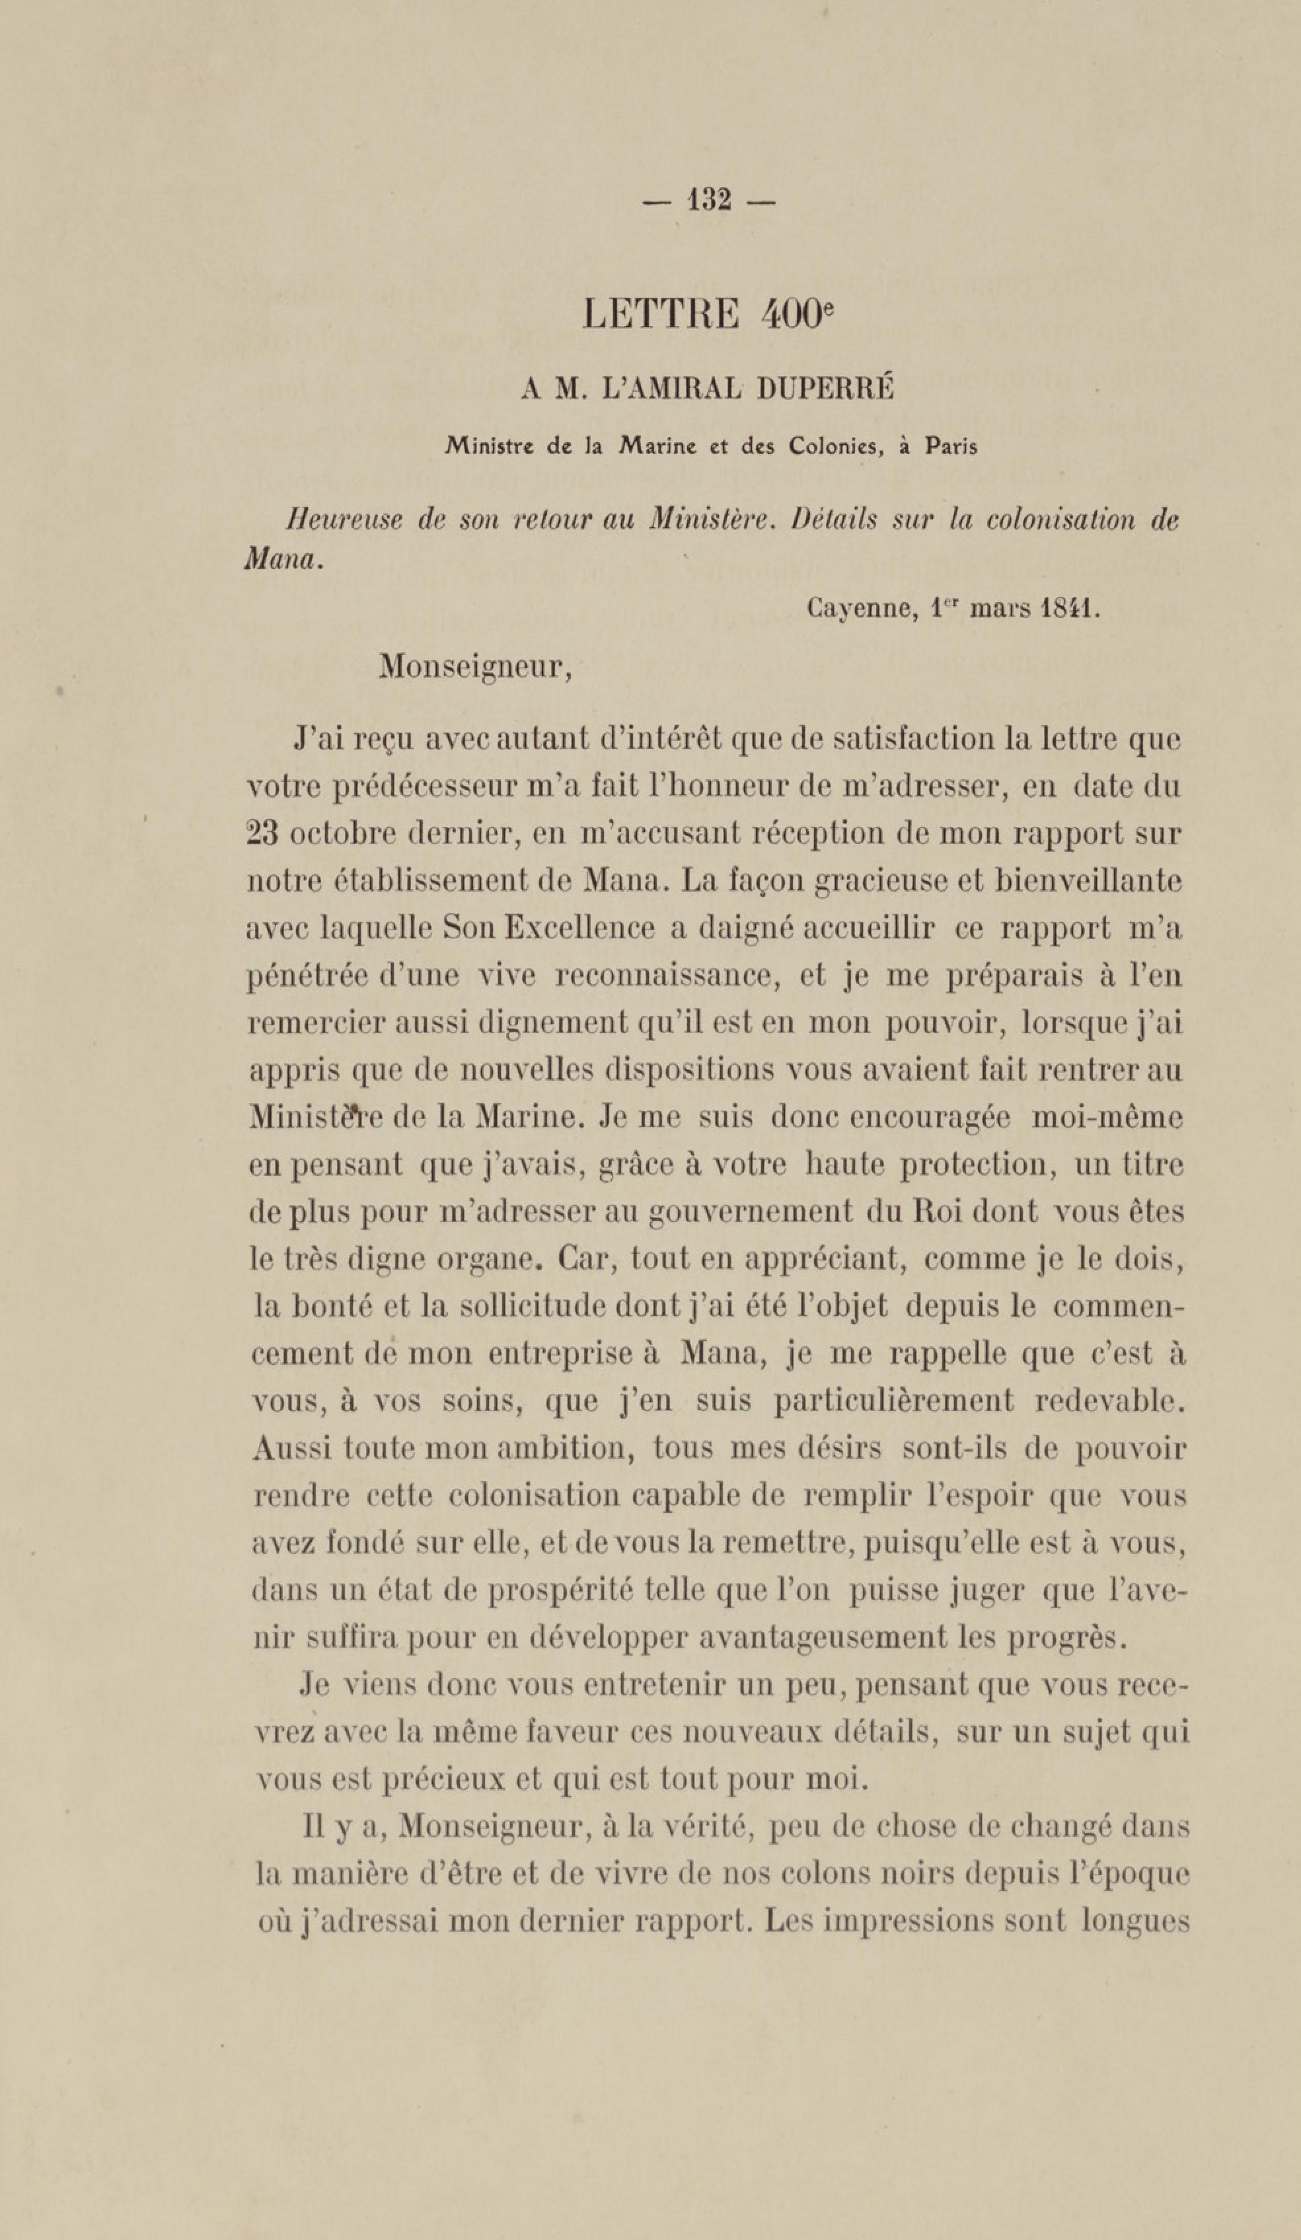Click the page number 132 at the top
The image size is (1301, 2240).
pos(709,201)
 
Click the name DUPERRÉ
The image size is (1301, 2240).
pos(824,389)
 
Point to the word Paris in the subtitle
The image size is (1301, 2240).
pos(951,446)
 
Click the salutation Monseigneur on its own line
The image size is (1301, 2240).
pos(474,667)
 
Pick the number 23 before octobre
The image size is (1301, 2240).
pos(262,835)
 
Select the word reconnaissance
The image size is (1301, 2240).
pos(667,976)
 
